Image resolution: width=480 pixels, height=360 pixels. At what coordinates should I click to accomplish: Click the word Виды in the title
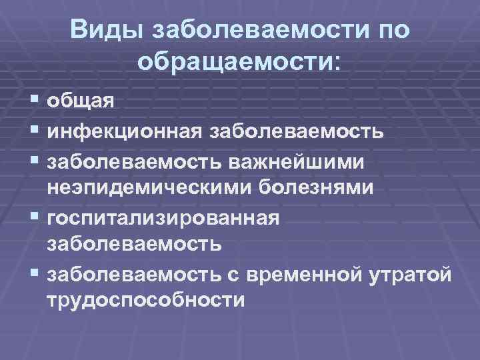[107, 29]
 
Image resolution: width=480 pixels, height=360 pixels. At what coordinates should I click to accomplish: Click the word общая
[81, 101]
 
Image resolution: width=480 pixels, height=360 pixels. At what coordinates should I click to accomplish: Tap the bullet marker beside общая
[35, 101]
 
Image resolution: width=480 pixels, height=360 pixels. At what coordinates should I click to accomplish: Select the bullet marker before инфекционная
[35, 130]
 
